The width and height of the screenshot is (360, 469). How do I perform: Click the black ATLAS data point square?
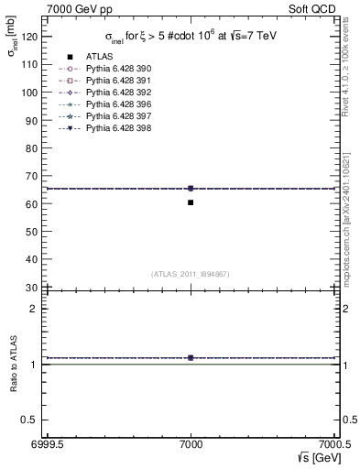click(191, 202)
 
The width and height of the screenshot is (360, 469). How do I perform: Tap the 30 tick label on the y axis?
click(32, 288)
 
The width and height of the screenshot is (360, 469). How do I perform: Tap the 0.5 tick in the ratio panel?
click(31, 420)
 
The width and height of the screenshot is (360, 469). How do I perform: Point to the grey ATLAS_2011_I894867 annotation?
click(191, 273)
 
